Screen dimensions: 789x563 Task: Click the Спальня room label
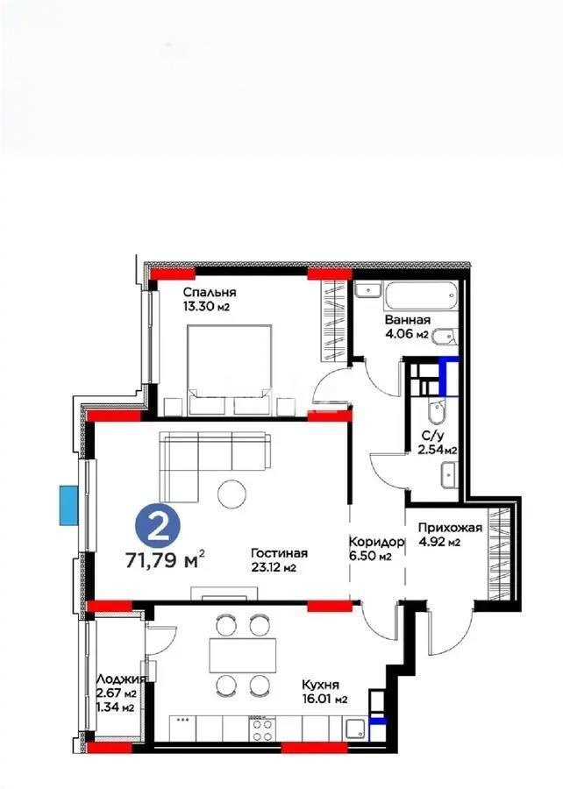tap(210, 292)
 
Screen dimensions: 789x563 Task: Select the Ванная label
tap(408, 320)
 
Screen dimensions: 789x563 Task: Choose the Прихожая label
tap(438, 528)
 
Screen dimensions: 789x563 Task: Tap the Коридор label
tap(376, 542)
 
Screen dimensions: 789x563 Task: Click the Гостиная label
tap(279, 552)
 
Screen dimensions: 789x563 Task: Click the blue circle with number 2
tap(159, 527)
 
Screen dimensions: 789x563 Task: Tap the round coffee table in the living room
tap(233, 494)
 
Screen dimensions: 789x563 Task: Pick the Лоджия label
tap(116, 679)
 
